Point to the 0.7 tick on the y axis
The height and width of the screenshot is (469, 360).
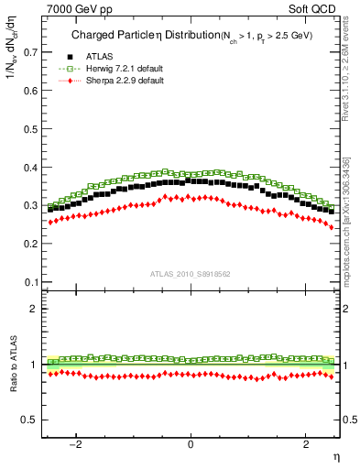(32, 52)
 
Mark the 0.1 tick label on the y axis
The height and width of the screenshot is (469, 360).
(32, 282)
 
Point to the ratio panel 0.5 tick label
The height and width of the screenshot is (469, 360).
(32, 420)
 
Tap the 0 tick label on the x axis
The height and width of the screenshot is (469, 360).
(191, 445)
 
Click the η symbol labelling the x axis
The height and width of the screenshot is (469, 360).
(335, 456)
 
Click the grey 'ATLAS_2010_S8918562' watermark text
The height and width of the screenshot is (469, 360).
(191, 274)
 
